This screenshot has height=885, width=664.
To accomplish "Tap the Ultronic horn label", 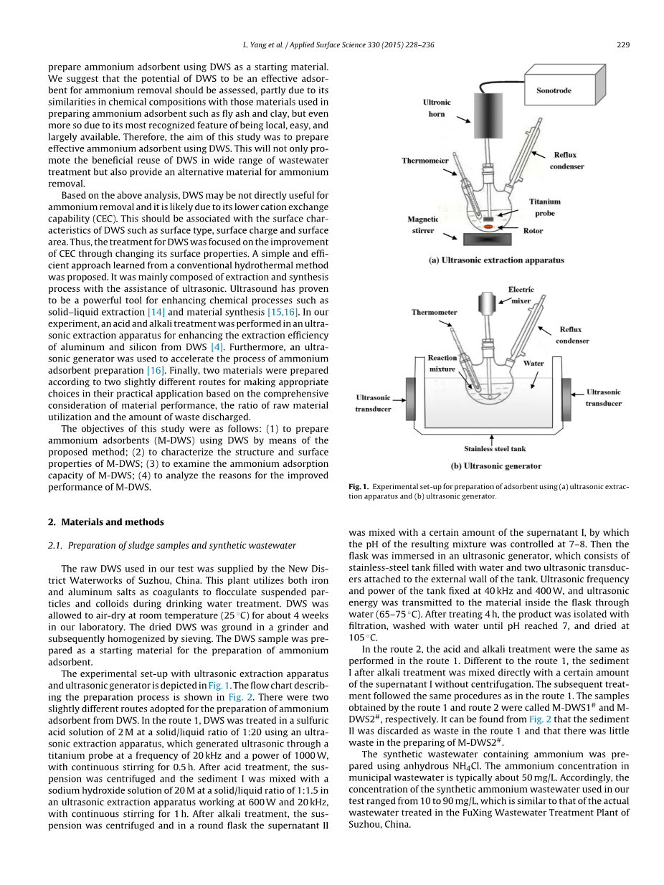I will pyautogui.click(x=437, y=108).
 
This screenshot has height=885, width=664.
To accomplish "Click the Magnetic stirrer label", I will pyautogui.click(x=423, y=225).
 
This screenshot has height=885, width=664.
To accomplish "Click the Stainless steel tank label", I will pyautogui.click(x=495, y=449).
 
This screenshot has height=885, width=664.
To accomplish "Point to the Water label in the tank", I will pyautogui.click(x=533, y=364).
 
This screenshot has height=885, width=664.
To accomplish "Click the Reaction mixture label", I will pyautogui.click(x=442, y=363).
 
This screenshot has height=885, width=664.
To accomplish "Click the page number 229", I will pyautogui.click(x=622, y=45).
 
